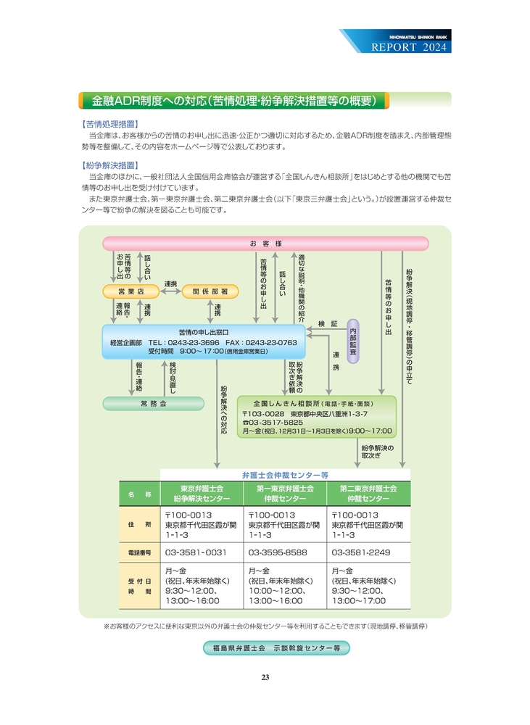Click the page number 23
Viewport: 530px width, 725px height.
coord(265,677)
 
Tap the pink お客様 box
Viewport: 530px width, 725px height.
coord(265,244)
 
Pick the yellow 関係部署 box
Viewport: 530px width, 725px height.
coord(210,291)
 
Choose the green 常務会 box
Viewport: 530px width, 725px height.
coord(153,402)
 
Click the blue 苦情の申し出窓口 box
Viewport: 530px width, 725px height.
coord(204,341)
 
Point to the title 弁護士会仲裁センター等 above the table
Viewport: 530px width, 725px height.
coord(285,474)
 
